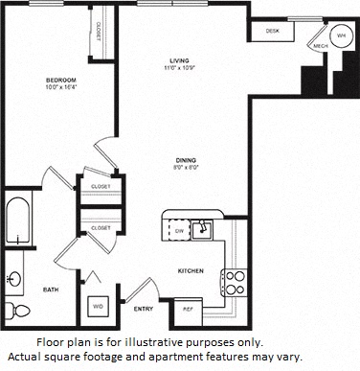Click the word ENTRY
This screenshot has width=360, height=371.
coord(144,308)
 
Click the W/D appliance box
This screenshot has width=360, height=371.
coord(98,307)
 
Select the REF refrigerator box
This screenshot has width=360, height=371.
coord(188,309)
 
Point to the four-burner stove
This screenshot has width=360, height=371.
coord(234,282)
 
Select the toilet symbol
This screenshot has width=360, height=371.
coord(13,309)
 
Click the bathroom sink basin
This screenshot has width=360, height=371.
coord(14,279)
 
